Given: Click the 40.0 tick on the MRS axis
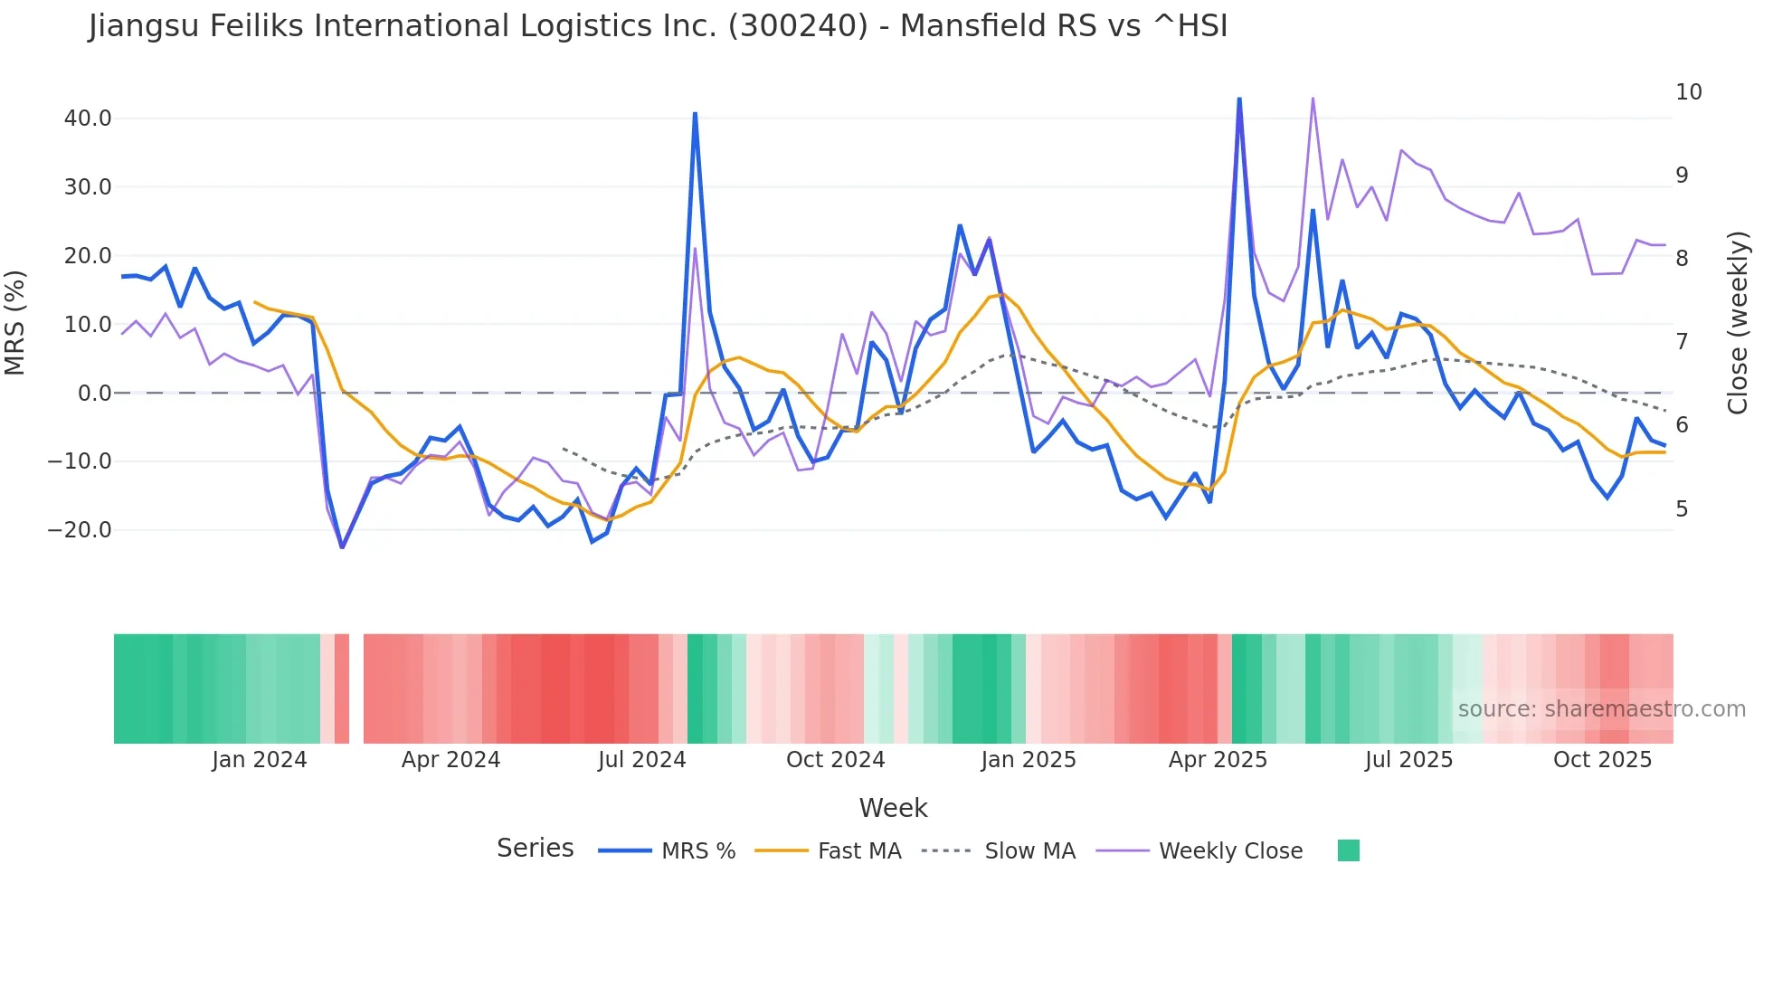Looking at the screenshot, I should click(x=88, y=119).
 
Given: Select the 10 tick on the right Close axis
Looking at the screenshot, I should click(x=1688, y=92).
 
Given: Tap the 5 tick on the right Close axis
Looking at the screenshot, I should click(x=1682, y=509).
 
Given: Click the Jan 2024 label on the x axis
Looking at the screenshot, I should click(x=260, y=760).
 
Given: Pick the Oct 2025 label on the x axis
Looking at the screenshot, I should click(x=1602, y=760).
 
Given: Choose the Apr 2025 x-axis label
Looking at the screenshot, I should click(x=1218, y=760).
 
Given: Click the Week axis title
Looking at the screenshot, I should click(x=893, y=808).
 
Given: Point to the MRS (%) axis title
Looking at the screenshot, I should click(x=15, y=323).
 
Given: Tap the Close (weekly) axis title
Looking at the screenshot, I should click(x=1737, y=323).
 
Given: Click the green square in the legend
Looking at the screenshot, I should click(x=1348, y=850).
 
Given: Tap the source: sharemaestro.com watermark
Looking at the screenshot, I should click(x=1601, y=709).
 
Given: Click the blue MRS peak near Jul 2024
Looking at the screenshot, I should click(x=695, y=114).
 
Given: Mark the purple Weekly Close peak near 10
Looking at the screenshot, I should click(x=1313, y=99).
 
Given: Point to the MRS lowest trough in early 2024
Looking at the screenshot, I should click(x=342, y=546).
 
